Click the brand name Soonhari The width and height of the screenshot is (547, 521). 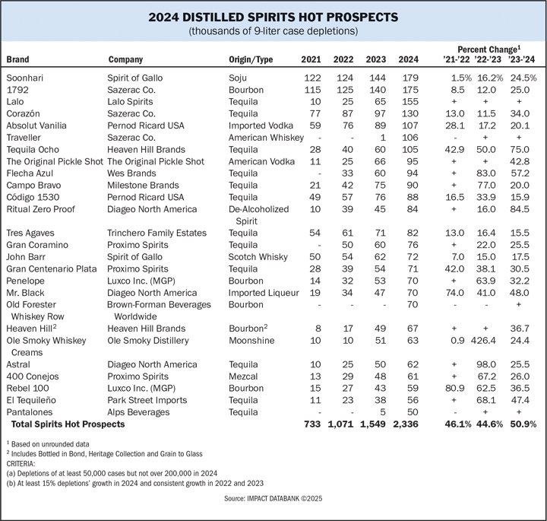(x=27, y=78)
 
